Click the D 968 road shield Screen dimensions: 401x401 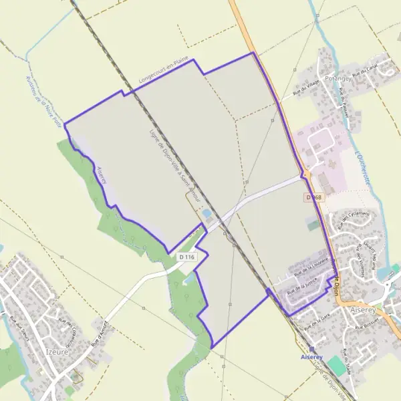[313, 198]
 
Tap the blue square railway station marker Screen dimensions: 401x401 [312, 349]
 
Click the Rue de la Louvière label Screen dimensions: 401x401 [311, 269]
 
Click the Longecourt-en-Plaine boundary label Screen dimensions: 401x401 [164, 76]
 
